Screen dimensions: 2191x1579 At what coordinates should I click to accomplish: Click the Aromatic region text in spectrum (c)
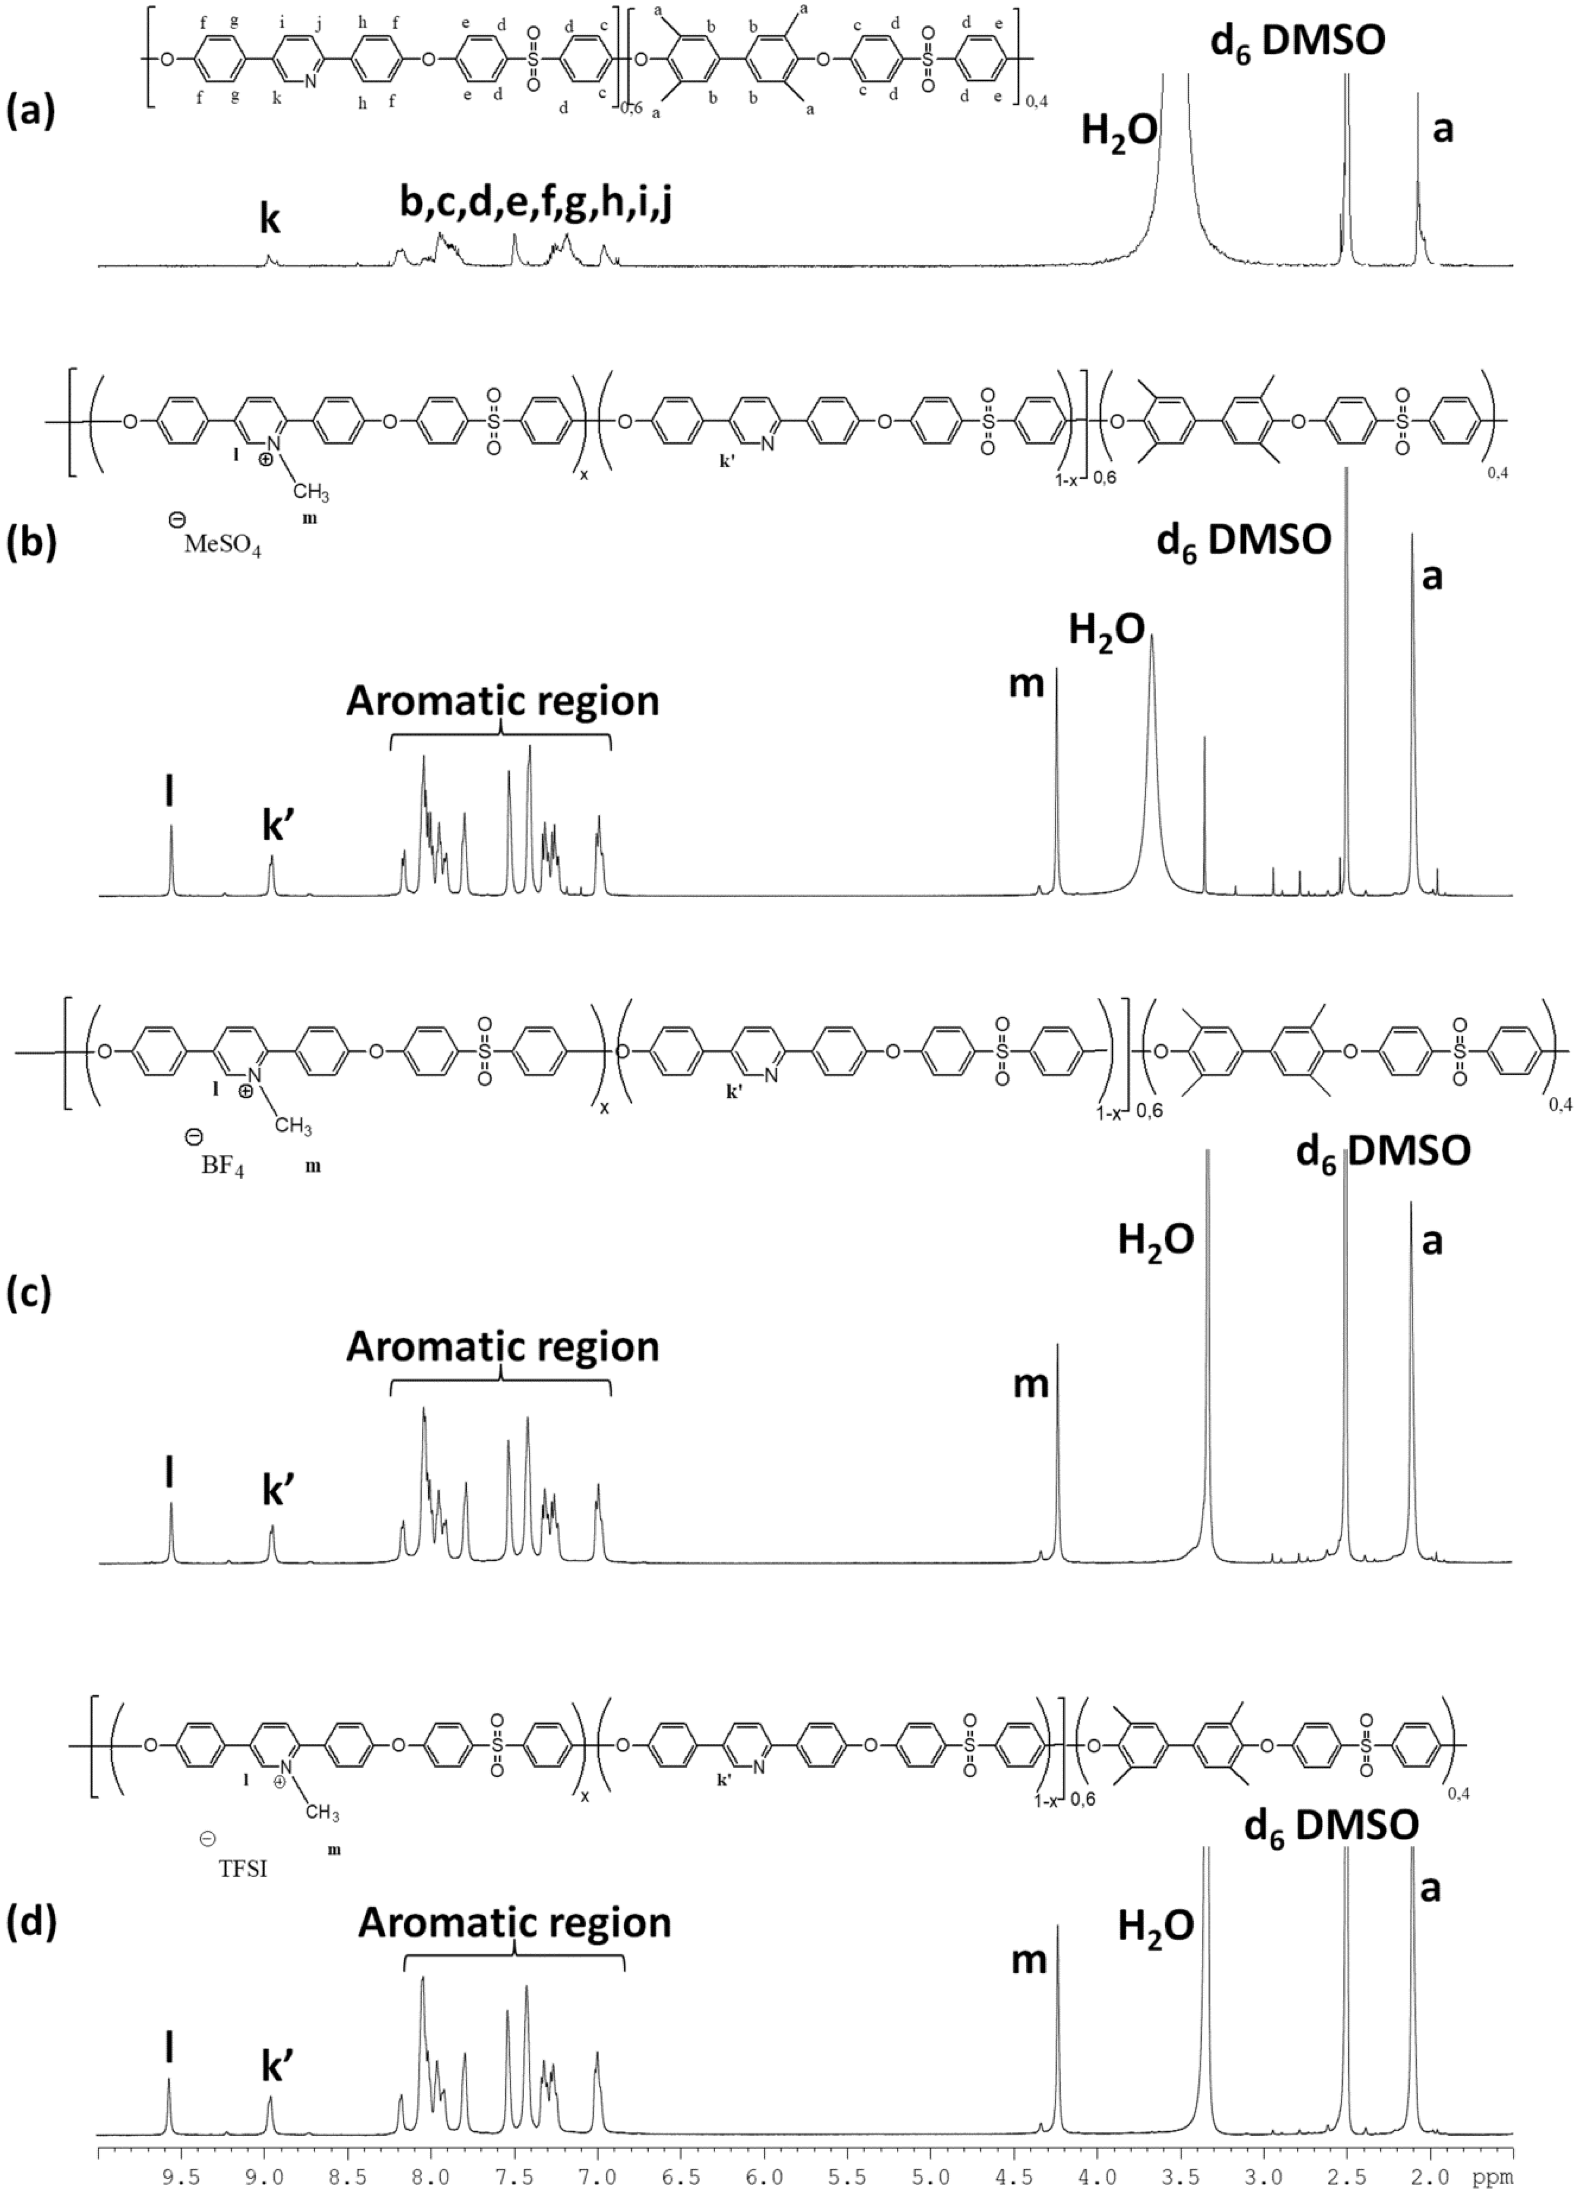pyautogui.click(x=502, y=1346)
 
